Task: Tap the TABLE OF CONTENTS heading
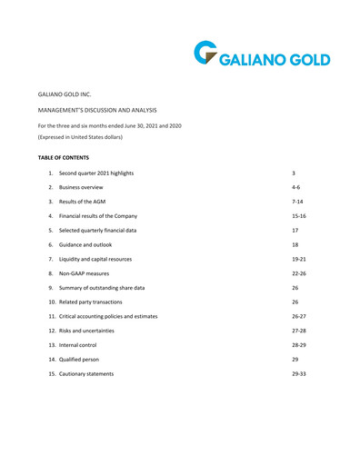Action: click(x=63, y=157)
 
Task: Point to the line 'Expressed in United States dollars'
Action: click(x=80, y=137)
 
